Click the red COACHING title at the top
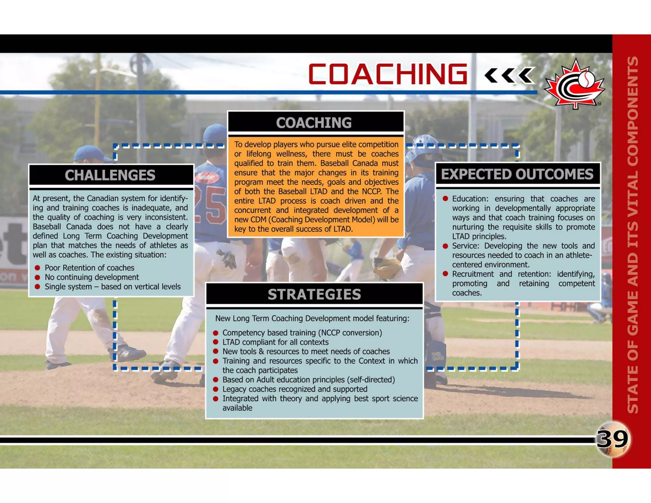click(x=387, y=74)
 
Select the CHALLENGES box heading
click(x=110, y=175)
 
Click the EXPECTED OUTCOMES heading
click(x=517, y=174)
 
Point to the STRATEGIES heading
click(x=314, y=294)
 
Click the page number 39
click(x=613, y=439)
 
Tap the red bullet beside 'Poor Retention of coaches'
click(x=38, y=268)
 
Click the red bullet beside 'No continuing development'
click(x=38, y=277)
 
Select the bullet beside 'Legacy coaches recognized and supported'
click(x=216, y=389)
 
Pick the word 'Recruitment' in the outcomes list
click(x=473, y=274)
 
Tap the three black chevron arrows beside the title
click(x=509, y=76)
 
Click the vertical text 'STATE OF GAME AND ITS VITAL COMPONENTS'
click(x=633, y=235)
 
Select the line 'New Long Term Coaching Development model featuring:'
click(x=312, y=318)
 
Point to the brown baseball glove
click(x=387, y=268)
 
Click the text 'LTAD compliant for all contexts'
click(x=275, y=342)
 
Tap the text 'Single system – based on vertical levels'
click(x=113, y=287)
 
